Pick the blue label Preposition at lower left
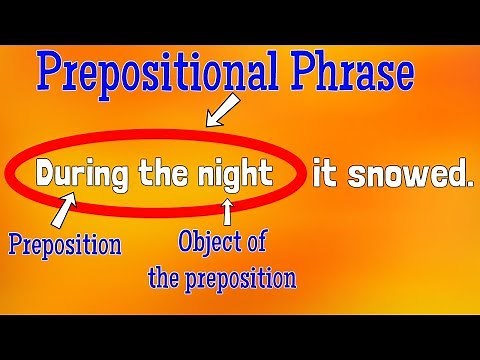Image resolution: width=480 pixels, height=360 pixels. [x=64, y=243]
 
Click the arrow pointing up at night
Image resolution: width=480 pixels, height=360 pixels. [x=227, y=211]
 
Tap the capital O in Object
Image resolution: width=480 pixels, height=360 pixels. [x=186, y=242]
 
